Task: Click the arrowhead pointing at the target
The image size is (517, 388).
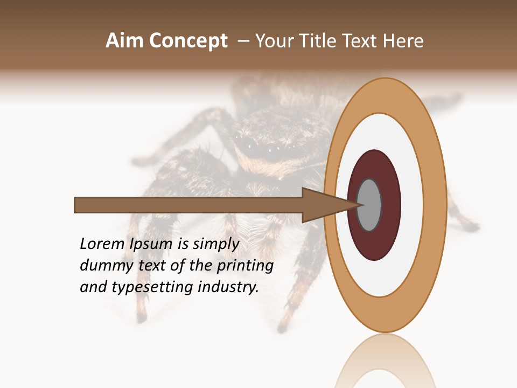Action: pyautogui.click(x=329, y=205)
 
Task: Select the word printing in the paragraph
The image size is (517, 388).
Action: pyautogui.click(x=244, y=266)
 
